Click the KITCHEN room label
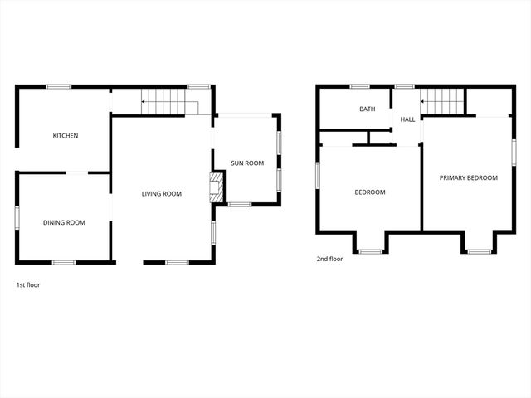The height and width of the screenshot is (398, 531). click(66, 135)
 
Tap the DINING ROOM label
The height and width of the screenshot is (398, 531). click(64, 222)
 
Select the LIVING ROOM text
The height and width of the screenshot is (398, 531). click(161, 194)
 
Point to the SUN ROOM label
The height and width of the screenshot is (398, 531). click(247, 163)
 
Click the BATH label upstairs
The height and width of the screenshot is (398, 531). click(367, 109)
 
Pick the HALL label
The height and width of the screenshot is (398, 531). click(407, 119)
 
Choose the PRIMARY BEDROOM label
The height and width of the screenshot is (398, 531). click(468, 177)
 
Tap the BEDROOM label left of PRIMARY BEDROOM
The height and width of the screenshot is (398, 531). click(369, 192)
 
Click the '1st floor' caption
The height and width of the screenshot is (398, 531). click(28, 284)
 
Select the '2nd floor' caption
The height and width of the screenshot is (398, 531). click(329, 259)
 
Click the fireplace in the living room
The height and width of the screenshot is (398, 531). click(217, 187)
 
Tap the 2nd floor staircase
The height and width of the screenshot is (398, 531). click(442, 102)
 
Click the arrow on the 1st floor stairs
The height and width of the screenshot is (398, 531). click(144, 102)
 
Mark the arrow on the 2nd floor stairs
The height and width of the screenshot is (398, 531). click(423, 102)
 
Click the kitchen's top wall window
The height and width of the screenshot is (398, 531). click(57, 86)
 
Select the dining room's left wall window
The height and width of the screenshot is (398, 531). click(17, 217)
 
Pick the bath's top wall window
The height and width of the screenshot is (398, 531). click(359, 86)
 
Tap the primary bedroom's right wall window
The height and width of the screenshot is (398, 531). click(514, 152)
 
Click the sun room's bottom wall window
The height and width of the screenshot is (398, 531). click(239, 204)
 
